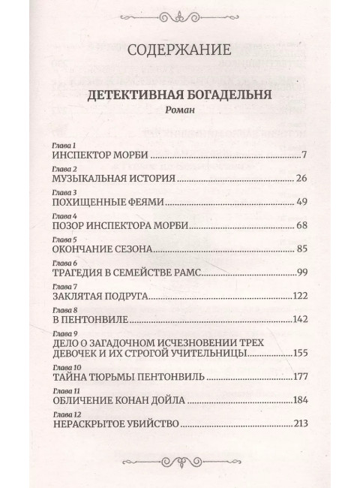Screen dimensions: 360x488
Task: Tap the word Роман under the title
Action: click(179, 110)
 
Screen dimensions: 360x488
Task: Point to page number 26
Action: click(302, 179)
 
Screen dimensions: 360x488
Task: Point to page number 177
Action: click(299, 379)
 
